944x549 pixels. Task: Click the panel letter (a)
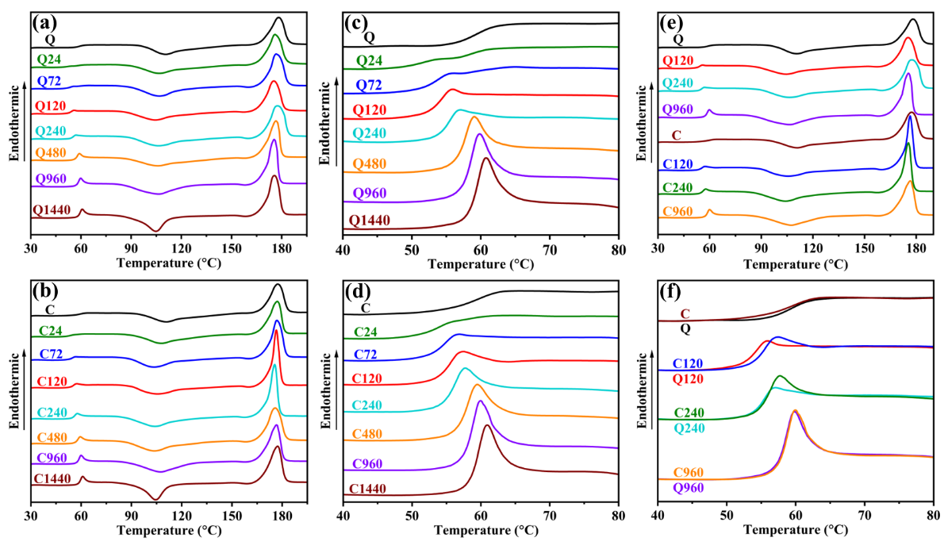(x=44, y=23)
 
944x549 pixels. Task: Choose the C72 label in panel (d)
(x=365, y=353)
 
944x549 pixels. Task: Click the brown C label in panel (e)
(x=677, y=136)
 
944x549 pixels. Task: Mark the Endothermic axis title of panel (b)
(x=14, y=389)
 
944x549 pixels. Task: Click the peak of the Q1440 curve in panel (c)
(x=485, y=159)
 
